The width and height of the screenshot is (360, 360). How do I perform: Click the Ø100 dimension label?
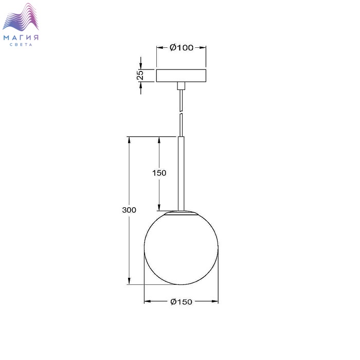click(182, 47)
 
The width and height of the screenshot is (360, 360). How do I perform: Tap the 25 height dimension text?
click(140, 75)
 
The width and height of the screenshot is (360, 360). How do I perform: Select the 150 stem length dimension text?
click(159, 173)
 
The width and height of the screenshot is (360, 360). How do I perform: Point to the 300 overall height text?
click(129, 210)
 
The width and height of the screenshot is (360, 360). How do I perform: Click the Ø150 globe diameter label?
click(182, 302)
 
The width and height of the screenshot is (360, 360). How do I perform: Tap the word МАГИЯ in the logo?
click(21, 38)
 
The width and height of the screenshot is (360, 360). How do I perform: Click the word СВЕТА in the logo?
click(21, 45)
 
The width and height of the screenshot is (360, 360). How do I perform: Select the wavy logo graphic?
click(21, 17)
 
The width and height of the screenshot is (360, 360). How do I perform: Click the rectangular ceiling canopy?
click(181, 76)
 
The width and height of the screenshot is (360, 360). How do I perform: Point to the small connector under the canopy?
click(181, 86)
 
